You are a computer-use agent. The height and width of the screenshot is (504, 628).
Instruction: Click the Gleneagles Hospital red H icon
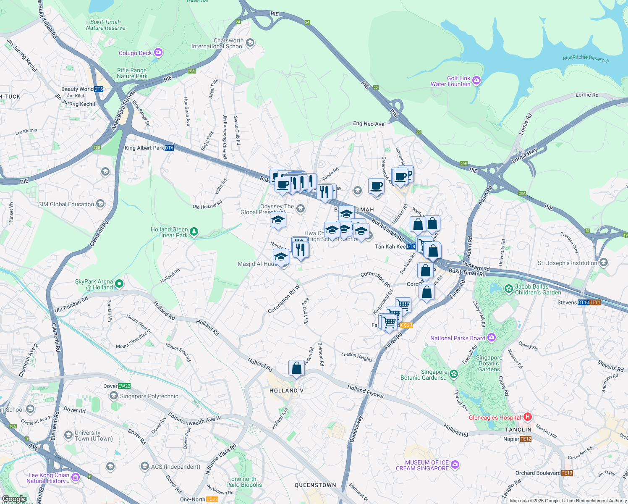528,417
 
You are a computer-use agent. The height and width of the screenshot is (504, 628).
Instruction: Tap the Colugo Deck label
135,53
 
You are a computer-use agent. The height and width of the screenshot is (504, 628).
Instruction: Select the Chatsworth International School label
217,44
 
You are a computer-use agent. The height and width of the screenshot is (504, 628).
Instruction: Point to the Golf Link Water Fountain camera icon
476,80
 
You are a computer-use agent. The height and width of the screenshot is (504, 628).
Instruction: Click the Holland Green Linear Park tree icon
194,231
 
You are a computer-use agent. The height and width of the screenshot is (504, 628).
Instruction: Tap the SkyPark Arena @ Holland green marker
119,284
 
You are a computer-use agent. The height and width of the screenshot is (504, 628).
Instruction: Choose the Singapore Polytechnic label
149,396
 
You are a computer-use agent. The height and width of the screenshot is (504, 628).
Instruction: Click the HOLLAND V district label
286,391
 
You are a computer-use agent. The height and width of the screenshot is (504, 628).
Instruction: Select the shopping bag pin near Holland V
296,368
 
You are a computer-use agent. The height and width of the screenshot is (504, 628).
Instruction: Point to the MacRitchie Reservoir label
586,59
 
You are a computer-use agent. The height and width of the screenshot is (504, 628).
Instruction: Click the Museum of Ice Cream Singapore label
422,465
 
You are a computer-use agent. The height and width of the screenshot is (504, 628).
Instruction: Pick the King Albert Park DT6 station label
149,148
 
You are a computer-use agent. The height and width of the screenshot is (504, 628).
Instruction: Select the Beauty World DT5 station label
82,89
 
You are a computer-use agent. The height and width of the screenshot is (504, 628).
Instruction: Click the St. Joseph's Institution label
568,263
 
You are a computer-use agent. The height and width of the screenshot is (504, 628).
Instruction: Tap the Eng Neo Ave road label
369,123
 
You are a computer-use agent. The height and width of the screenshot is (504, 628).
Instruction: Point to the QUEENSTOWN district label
315,485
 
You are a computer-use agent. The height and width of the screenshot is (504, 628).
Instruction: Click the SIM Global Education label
66,204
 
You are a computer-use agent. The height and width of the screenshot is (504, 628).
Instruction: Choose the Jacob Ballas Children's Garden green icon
509,289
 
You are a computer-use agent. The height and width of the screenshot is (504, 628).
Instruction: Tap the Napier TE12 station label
517,439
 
